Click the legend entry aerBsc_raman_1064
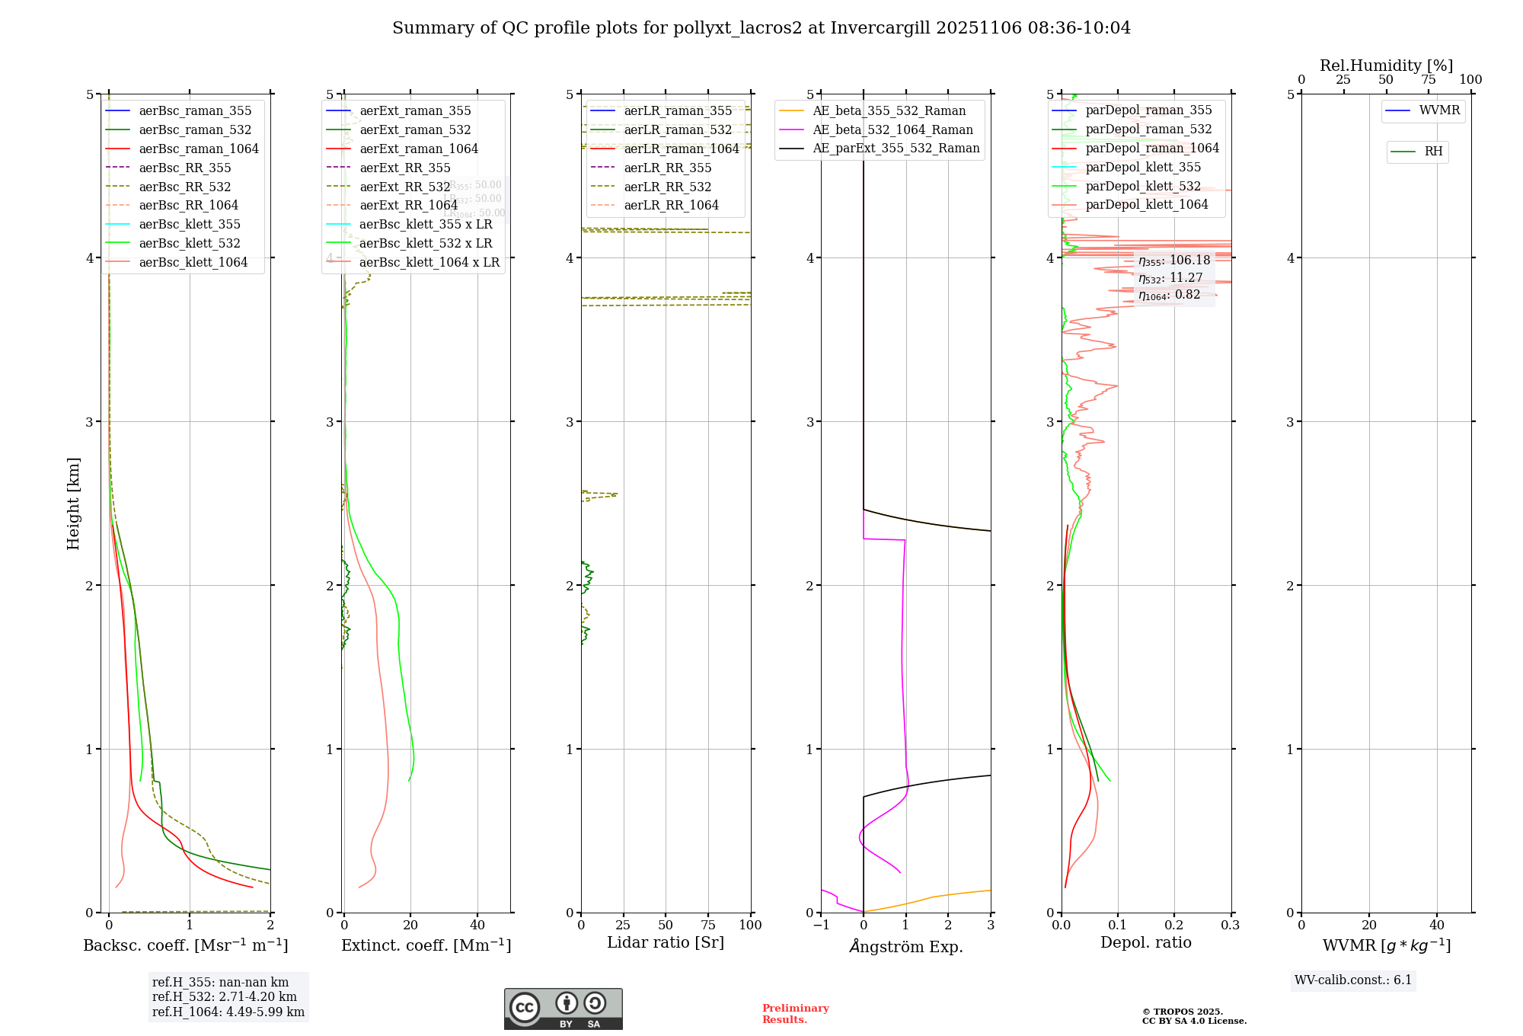coord(199,149)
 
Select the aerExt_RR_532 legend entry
coord(404,187)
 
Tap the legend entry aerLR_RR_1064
coord(671,205)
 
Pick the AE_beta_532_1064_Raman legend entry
coord(892,129)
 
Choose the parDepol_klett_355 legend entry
coord(1143,167)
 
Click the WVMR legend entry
coord(1439,110)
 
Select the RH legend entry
coord(1433,152)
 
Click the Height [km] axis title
coord(73,504)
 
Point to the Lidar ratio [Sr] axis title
coord(665,942)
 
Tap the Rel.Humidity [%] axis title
coord(1386,66)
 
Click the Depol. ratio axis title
coord(1145,942)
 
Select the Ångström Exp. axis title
coord(905,946)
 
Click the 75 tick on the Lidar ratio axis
coord(708,925)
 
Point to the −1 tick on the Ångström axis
coord(821,925)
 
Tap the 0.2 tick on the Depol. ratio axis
coord(1174,925)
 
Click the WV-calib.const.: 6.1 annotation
coord(1353,980)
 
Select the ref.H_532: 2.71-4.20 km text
coord(225,996)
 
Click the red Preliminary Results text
coord(795,1013)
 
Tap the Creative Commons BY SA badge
coord(563,1009)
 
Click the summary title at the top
coord(761,28)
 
